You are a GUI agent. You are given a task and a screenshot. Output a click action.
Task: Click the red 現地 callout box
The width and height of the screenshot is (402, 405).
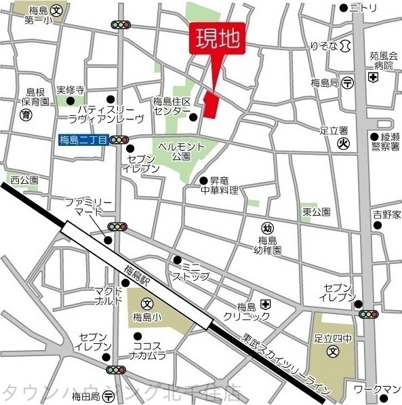pyautogui.click(x=218, y=39)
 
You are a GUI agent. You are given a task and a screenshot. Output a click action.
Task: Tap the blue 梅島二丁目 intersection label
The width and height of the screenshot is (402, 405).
pyautogui.click(x=83, y=140)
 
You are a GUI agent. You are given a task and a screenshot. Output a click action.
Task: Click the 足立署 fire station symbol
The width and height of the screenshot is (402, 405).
pyautogui.click(x=343, y=143)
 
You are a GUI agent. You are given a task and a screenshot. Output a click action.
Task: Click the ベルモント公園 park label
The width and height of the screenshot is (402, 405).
pyautogui.click(x=181, y=151)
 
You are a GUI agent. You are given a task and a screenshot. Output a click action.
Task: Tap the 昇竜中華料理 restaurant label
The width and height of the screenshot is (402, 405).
pyautogui.click(x=223, y=186)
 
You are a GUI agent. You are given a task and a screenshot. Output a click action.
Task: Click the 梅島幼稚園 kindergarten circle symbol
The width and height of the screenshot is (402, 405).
pyautogui.click(x=268, y=229)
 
